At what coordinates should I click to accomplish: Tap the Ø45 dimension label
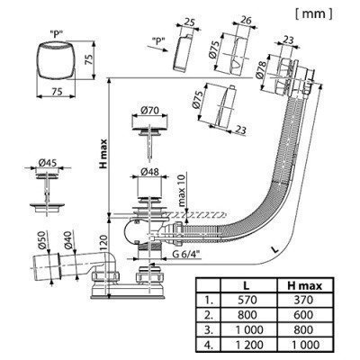click(47, 164)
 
